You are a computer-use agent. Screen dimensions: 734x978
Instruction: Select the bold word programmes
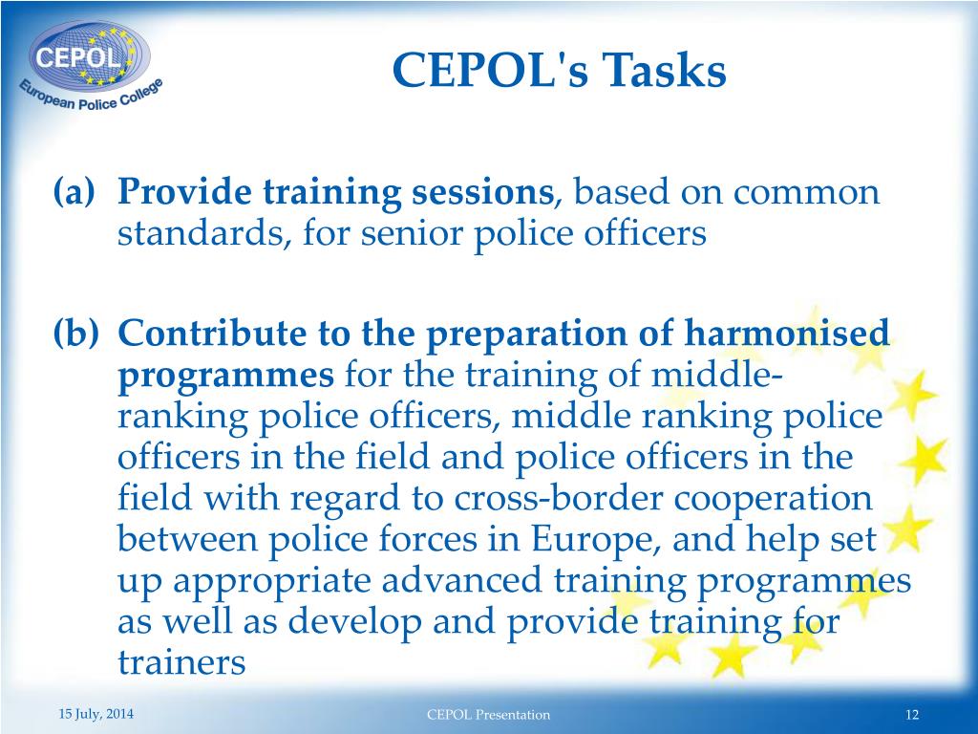coord(226,376)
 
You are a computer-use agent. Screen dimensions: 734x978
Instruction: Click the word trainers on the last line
coord(181,662)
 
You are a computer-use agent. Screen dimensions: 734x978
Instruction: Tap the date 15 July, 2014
coord(96,714)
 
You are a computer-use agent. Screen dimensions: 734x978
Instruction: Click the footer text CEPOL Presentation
coord(488,714)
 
